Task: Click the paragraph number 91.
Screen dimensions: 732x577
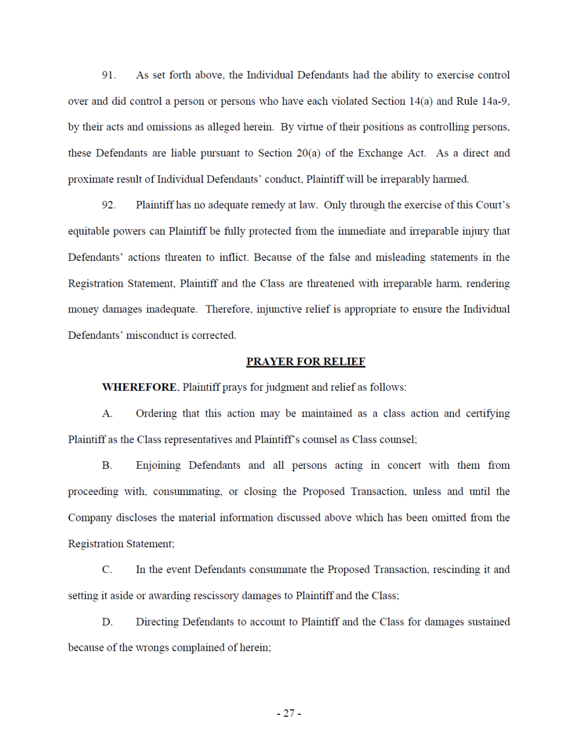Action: point(109,76)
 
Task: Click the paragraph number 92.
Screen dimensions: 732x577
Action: point(109,205)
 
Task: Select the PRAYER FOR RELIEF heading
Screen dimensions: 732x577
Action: point(306,362)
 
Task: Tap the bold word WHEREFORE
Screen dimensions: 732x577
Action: point(139,387)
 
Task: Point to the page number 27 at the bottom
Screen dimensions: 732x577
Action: point(289,713)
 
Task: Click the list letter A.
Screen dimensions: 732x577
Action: point(107,414)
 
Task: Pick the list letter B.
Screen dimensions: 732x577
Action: point(107,466)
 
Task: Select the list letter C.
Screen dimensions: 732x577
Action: point(107,570)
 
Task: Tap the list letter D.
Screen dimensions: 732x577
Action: point(107,622)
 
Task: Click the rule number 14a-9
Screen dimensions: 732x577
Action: point(495,101)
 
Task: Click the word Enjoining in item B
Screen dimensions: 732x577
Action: point(159,466)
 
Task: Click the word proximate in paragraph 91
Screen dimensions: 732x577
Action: point(91,180)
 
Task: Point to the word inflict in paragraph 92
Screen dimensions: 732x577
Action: point(233,258)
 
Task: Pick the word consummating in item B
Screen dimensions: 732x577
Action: point(187,492)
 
